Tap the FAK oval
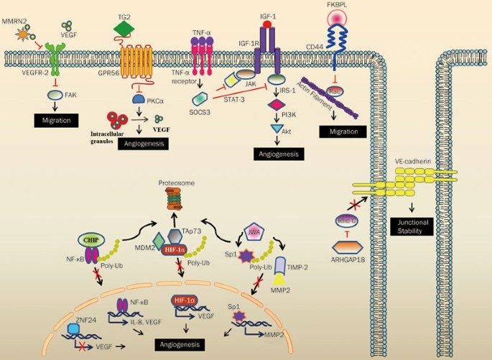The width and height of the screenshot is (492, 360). tap(55, 94)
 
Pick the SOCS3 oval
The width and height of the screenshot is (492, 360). tap(198, 98)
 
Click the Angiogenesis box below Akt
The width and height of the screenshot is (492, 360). tap(277, 153)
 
